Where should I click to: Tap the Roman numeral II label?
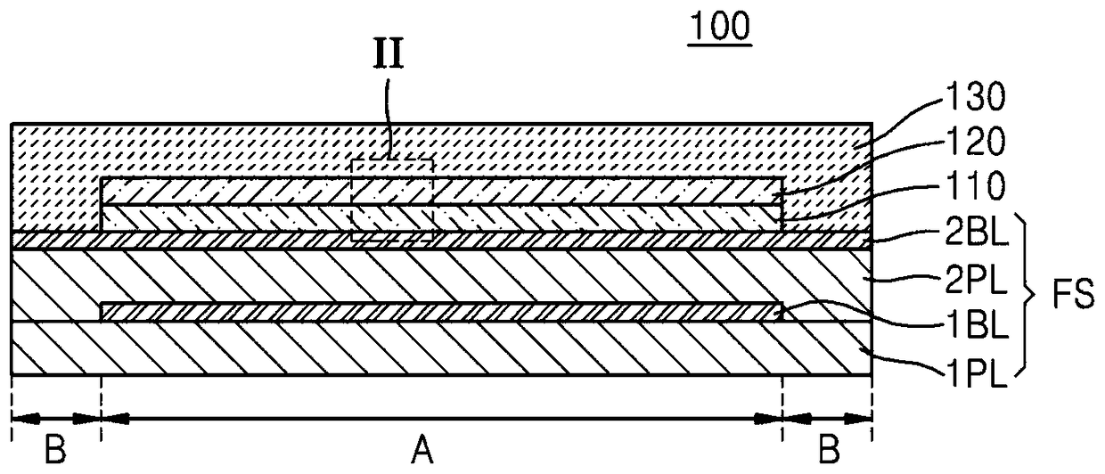(389, 57)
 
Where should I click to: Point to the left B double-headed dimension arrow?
(56, 416)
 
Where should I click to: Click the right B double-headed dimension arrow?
(827, 416)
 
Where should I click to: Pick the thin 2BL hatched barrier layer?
(535, 241)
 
